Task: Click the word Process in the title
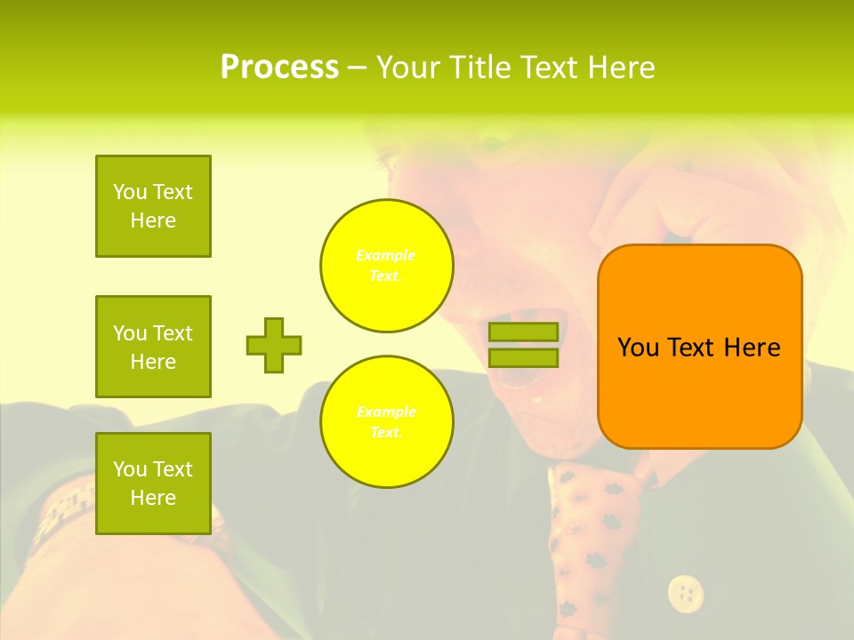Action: tap(279, 68)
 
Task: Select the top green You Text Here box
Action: tap(153, 206)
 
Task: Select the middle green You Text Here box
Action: tap(153, 347)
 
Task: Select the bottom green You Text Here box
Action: tap(153, 484)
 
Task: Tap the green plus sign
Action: tap(274, 345)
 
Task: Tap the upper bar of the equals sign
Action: tap(523, 332)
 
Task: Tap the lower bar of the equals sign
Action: tap(523, 358)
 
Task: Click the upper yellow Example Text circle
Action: tap(387, 266)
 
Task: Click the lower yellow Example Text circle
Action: tap(387, 422)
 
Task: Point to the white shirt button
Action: tap(685, 591)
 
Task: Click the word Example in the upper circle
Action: tap(386, 256)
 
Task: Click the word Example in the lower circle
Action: tap(386, 412)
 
